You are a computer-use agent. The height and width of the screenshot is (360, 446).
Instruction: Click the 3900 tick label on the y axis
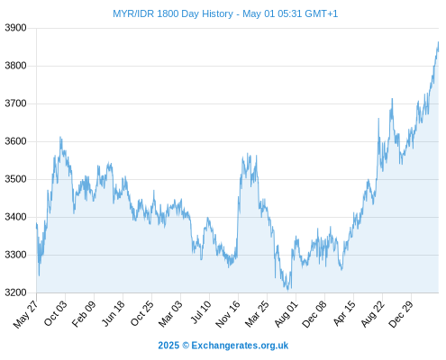pos(15,28)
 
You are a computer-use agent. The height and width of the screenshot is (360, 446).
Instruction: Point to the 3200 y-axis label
pos(15,292)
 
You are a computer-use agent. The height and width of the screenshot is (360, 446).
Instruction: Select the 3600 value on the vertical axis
pos(15,141)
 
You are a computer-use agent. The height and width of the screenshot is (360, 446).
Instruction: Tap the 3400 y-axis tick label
pos(15,217)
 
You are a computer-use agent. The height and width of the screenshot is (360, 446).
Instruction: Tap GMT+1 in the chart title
pos(322,13)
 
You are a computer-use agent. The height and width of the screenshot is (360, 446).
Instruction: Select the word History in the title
pos(218,13)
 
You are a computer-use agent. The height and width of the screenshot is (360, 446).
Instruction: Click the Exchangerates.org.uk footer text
pos(240,346)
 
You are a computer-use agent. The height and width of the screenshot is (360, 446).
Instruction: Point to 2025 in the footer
pos(168,346)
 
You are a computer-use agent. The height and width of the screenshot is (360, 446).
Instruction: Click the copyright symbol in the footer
pos(186,346)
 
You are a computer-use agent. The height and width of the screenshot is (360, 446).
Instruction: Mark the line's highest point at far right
pos(438,42)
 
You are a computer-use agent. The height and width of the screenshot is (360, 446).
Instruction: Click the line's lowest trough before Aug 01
pos(287,291)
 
